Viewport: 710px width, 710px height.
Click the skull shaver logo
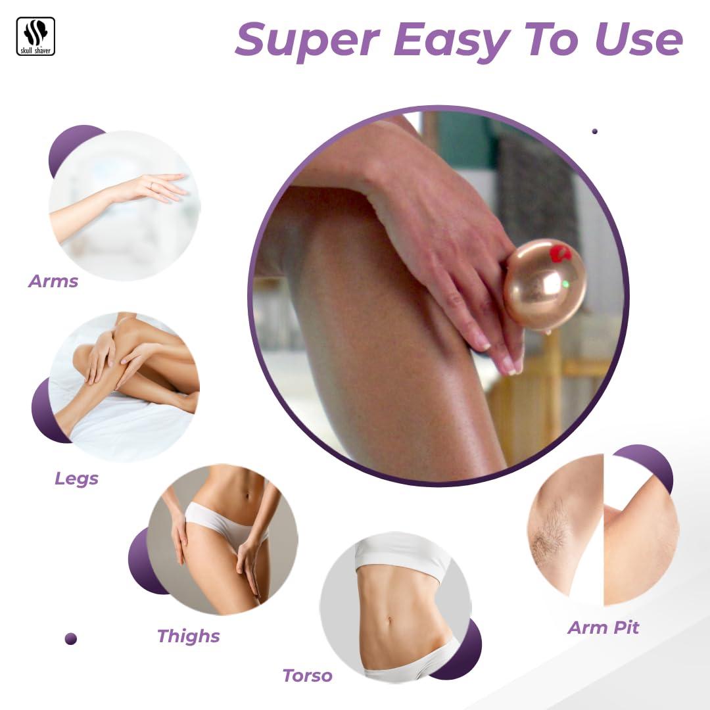coord(35,36)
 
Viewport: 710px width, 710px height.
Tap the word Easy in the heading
coord(452,40)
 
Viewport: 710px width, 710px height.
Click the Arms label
coord(53,281)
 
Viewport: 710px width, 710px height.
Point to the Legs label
coord(76,479)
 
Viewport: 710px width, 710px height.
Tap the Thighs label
coord(189,636)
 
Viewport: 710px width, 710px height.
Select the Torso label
coord(308,676)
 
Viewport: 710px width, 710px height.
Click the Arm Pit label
coord(603,628)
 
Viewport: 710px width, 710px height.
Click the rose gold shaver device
coord(545,286)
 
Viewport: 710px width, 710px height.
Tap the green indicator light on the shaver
coord(565,285)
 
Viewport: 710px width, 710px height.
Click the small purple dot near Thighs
coord(71,639)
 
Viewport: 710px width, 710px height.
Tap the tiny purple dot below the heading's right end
coord(594,131)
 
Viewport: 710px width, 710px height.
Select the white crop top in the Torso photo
coord(402,557)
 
